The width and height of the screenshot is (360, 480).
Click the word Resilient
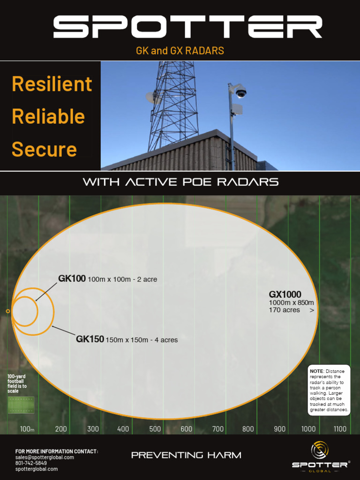(x=52, y=84)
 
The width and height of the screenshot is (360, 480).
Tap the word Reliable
(x=48, y=117)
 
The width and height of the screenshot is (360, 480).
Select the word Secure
(x=44, y=150)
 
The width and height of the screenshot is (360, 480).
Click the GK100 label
(x=72, y=279)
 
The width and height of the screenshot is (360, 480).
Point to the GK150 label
(x=90, y=339)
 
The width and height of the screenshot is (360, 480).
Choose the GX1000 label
(x=285, y=294)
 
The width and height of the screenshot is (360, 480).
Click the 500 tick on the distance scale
(x=155, y=429)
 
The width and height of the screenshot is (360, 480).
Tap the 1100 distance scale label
(x=340, y=429)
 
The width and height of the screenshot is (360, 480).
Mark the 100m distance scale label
(x=27, y=429)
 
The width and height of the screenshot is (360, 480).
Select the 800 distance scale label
(x=248, y=429)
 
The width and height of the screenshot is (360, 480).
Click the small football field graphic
(x=21, y=405)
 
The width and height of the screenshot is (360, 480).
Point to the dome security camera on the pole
(x=241, y=92)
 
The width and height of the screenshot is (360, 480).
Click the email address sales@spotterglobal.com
(x=45, y=457)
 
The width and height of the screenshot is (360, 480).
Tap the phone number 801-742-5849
(x=31, y=463)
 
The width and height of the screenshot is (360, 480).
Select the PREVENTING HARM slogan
(x=186, y=455)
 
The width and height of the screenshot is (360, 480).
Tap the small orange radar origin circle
(x=7, y=311)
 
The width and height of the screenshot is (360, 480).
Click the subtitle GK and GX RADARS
(x=180, y=51)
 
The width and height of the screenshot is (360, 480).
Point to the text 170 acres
(x=284, y=310)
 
